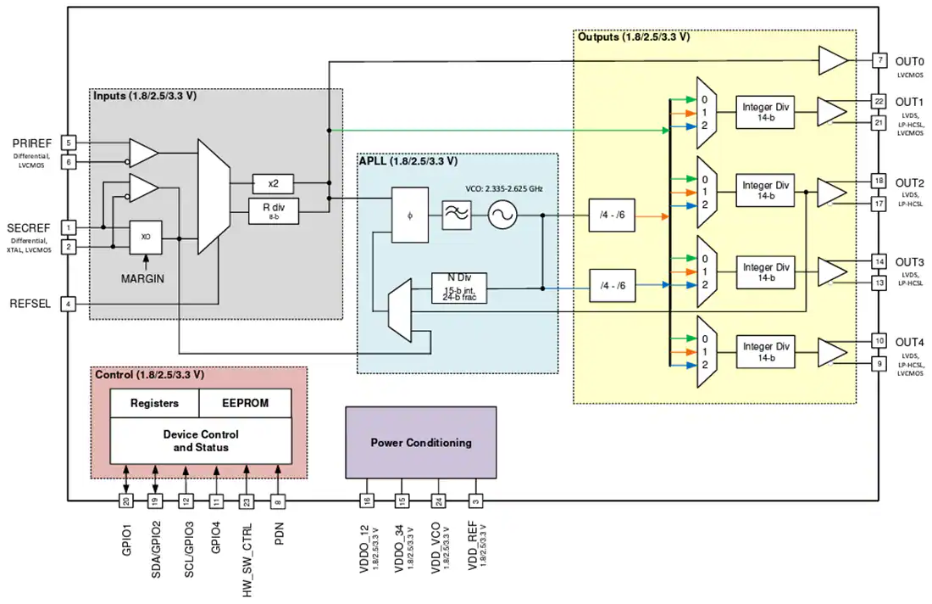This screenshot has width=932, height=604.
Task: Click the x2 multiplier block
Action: pos(273,183)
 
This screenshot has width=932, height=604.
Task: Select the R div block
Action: pos(274,210)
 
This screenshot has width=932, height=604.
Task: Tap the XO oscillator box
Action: pos(146,237)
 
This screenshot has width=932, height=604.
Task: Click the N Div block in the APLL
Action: pos(459,288)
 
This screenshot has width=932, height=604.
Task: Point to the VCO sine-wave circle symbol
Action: pos(502,215)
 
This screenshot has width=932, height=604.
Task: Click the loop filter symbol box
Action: pos(457,215)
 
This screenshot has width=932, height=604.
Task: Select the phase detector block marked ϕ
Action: pos(409,215)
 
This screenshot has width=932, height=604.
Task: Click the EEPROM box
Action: pos(245,403)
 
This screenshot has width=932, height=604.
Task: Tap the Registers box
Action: pos(154,403)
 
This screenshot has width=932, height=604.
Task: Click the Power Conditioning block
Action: pos(421,442)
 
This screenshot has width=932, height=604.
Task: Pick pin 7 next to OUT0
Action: pos(879,60)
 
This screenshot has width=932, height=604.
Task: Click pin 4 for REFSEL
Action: pos(69,304)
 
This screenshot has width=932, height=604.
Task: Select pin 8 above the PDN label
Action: pos(278,501)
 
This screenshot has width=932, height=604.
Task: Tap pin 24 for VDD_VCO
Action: pos(439,501)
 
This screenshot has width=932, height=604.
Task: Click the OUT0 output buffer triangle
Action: pos(832,60)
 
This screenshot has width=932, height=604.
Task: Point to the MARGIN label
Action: pos(142,278)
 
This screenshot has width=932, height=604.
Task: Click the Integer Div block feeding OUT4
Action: pos(766,352)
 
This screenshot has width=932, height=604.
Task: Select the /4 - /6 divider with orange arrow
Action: pos(612,215)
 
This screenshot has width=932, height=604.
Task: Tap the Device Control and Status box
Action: pos(201,440)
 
